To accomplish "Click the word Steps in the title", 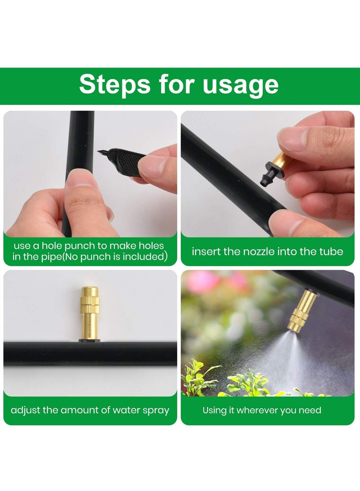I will [x=115, y=85].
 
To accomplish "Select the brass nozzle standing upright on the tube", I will [x=90, y=312].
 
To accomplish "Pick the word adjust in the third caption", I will [x=26, y=410].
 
